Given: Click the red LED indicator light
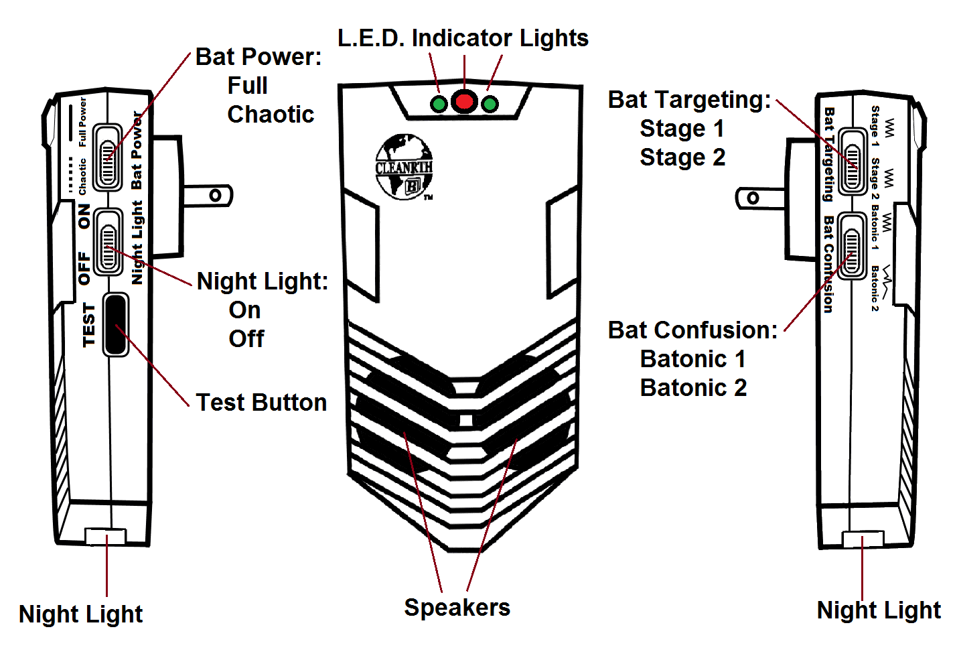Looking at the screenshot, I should [464, 102].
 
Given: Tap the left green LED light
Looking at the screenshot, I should [439, 104].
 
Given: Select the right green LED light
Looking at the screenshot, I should [490, 104].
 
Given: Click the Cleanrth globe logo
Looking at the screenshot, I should [404, 167].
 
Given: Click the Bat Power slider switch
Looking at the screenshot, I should [107, 157].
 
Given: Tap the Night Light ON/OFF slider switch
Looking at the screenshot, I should [108, 241].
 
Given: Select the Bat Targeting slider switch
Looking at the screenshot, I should [852, 161].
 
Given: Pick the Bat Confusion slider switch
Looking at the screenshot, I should [852, 246].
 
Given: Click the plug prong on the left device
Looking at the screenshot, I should [208, 196].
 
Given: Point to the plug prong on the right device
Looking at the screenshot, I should [760, 198].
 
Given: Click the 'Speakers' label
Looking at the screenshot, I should [457, 608].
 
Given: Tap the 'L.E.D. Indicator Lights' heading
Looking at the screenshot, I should [463, 38].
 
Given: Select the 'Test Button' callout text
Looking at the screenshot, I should [261, 403].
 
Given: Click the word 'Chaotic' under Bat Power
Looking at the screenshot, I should [271, 115].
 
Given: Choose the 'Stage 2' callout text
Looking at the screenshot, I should [682, 157].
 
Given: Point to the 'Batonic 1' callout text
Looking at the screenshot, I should [693, 359].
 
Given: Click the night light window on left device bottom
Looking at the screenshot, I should [105, 536].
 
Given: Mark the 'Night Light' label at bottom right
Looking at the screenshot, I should [879, 610].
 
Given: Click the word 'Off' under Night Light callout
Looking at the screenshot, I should [246, 339].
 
